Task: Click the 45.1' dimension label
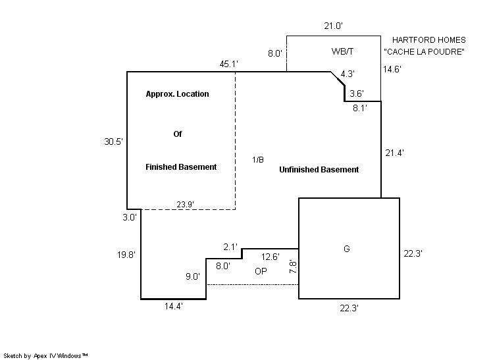[x=228, y=64]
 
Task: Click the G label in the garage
[x=346, y=249]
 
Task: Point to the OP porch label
[x=261, y=270]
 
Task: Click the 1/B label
[x=258, y=160]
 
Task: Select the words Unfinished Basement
[x=319, y=170]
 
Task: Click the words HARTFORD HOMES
[x=428, y=40]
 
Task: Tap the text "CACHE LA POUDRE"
[x=424, y=52]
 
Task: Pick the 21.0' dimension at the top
[x=333, y=26]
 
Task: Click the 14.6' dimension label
[x=392, y=68]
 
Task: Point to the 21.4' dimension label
[x=394, y=153]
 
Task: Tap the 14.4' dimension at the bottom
[x=174, y=307]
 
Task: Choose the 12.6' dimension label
[x=271, y=256]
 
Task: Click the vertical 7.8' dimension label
[x=294, y=267]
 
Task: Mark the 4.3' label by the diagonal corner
[x=348, y=74]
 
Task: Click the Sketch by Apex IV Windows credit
[x=45, y=355]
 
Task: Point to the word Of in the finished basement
[x=177, y=134]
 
